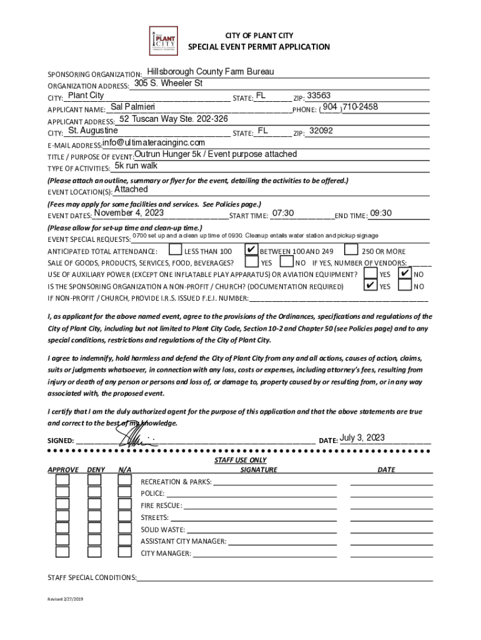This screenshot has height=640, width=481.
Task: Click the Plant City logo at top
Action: point(164,41)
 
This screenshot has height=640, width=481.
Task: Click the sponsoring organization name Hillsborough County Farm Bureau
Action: point(211,72)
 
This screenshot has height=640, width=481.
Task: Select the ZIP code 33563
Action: point(319,96)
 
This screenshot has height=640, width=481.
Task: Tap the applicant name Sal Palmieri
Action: point(128,107)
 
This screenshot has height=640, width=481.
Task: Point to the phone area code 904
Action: point(330,107)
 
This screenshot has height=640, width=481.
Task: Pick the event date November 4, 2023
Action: point(128,213)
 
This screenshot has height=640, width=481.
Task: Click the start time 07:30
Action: point(283,214)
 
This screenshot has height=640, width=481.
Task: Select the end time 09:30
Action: point(380,214)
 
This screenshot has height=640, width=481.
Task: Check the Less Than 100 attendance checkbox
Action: point(175,250)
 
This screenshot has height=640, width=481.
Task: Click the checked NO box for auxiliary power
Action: point(405,274)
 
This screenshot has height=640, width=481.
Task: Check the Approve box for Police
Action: point(62,492)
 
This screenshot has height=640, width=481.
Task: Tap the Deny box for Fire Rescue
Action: point(94,504)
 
